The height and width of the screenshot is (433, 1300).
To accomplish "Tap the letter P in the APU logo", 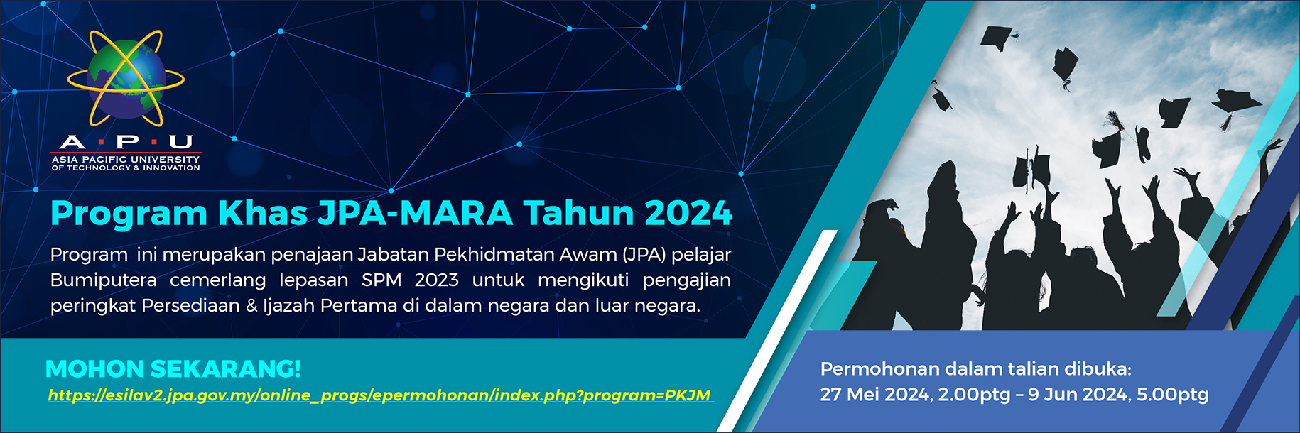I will coord(127,142).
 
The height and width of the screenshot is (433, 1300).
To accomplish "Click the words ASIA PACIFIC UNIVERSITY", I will coord(126,160).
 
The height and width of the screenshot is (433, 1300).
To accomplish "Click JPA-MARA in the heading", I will coord(415,213).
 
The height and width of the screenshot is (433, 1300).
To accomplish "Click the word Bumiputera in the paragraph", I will coord(104,280).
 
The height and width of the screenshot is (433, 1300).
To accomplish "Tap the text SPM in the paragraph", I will coord(381,280).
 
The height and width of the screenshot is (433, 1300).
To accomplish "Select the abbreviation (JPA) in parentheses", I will coord(644,254).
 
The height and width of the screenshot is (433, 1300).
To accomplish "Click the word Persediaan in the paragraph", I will coord(190,306).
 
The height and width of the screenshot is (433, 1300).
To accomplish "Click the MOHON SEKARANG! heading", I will coord(173,368).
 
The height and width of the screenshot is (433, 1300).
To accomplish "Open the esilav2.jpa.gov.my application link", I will coord(379,395).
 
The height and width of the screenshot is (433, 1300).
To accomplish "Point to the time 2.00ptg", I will coord(974,395).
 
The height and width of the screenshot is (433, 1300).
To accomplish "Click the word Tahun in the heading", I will coord(578,213).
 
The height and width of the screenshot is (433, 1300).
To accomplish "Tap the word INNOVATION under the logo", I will coord(171,168).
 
